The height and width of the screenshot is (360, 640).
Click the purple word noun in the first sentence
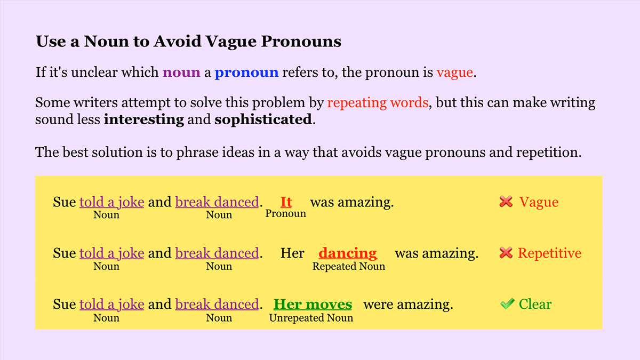pos(181,73)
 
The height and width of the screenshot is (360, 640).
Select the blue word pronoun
pos(246,73)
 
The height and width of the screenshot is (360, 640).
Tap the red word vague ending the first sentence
pos(454,73)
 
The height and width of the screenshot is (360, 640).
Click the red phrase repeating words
pos(378,102)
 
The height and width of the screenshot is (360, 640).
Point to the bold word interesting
pos(143,119)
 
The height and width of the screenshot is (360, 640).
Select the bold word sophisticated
pos(262,119)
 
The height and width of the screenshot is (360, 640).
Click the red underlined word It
pos(286,202)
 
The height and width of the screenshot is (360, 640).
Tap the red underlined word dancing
pos(348,253)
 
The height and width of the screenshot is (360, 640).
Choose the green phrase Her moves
pos(313,305)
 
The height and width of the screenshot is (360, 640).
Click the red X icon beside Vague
pos(506,202)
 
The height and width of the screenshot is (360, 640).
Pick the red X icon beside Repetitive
pos(506,253)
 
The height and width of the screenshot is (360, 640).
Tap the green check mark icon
pos(507,304)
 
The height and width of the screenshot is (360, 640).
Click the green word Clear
pos(535,305)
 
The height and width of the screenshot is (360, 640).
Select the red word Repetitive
pos(549,253)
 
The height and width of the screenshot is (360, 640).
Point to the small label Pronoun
pos(286,214)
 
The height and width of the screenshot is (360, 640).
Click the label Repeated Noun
pos(348,266)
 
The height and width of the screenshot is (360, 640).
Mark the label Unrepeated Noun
pos(311,318)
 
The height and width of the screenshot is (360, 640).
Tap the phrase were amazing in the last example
pos(408,305)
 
